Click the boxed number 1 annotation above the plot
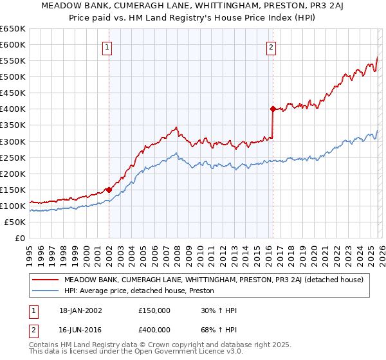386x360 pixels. pyautogui.click(x=107, y=47)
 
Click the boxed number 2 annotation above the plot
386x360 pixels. pyautogui.click(x=271, y=47)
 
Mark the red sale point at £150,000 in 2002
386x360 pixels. pyautogui.click(x=109, y=190)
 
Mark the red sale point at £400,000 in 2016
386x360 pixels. pyautogui.click(x=273, y=109)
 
